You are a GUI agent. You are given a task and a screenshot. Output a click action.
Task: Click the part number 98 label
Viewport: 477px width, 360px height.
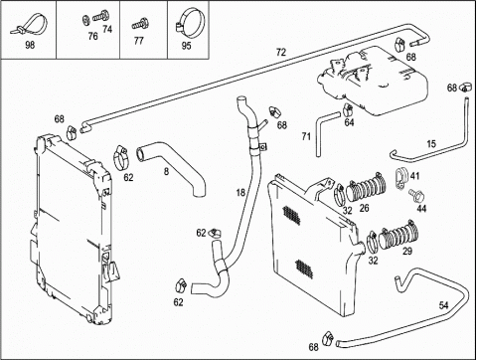[30, 45]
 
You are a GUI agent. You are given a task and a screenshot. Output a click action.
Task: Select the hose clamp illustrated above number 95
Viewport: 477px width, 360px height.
[190, 22]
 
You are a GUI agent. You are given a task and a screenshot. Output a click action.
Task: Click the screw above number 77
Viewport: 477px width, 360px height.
[139, 25]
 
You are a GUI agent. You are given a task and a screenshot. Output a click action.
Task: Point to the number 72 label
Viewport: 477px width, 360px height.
[280, 53]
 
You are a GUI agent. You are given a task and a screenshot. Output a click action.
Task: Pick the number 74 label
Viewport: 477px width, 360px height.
[107, 29]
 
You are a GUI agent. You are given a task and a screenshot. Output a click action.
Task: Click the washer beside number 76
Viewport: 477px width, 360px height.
[86, 20]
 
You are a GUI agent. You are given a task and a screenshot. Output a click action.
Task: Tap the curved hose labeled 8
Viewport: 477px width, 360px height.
[172, 162]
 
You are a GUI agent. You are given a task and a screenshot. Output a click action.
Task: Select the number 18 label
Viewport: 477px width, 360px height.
[240, 192]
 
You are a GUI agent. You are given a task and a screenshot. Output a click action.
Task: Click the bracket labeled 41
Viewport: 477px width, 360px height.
[402, 179]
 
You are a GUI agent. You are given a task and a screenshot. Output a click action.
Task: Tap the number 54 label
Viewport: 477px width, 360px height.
[443, 305]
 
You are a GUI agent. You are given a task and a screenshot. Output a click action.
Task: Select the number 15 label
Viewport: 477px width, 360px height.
[431, 144]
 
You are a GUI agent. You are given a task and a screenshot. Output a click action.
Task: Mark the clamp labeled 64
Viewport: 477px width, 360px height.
[348, 108]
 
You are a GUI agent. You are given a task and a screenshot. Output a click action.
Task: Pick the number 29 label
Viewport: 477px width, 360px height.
[407, 252]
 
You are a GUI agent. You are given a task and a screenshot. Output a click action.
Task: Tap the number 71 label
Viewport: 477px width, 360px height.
[306, 136]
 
